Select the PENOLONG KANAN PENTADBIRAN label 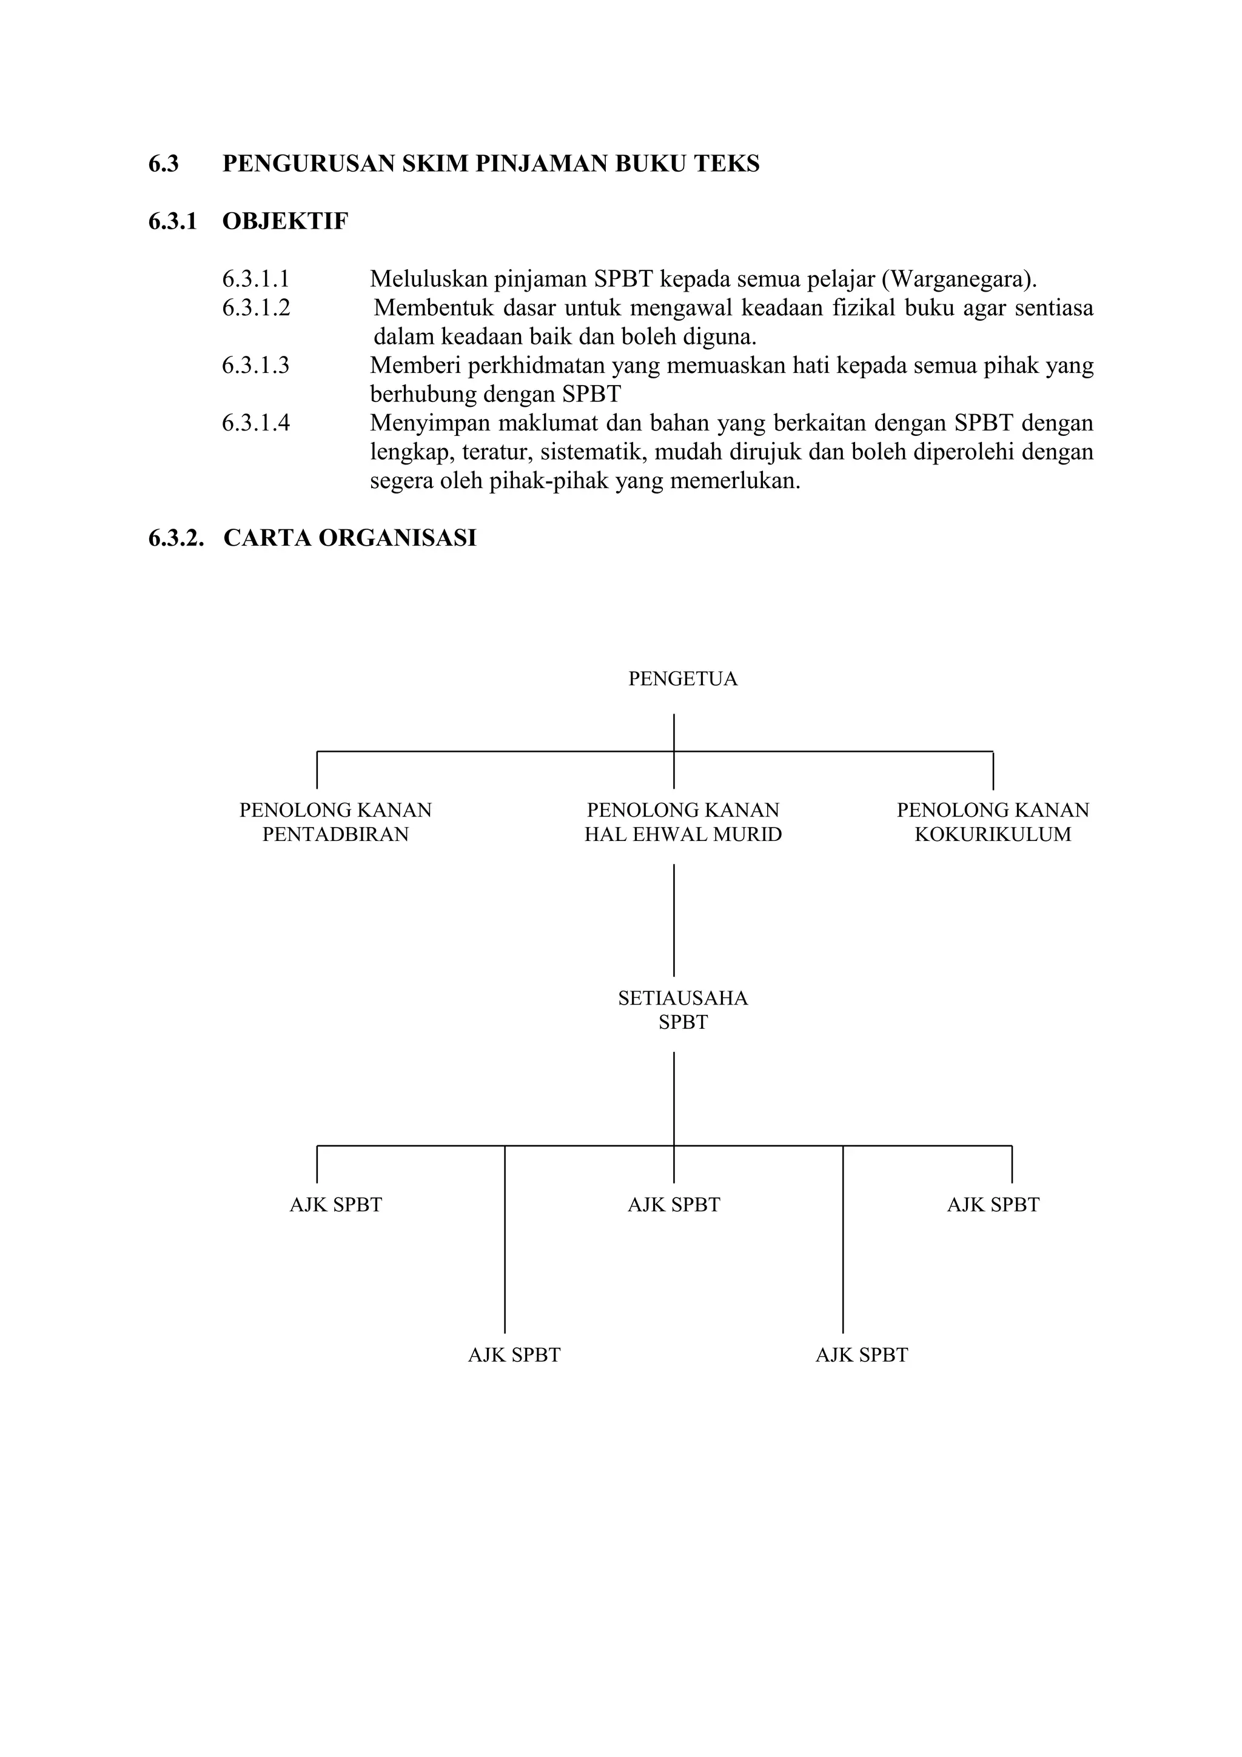(335, 822)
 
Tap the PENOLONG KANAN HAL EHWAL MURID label (683, 822)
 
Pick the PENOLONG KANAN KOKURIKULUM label (993, 822)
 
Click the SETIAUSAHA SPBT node (683, 1009)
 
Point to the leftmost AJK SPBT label (335, 1205)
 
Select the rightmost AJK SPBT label (993, 1205)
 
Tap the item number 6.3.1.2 (255, 307)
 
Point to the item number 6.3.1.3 (255, 365)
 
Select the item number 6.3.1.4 (255, 423)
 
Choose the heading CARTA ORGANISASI (350, 538)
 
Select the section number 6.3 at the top (163, 164)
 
